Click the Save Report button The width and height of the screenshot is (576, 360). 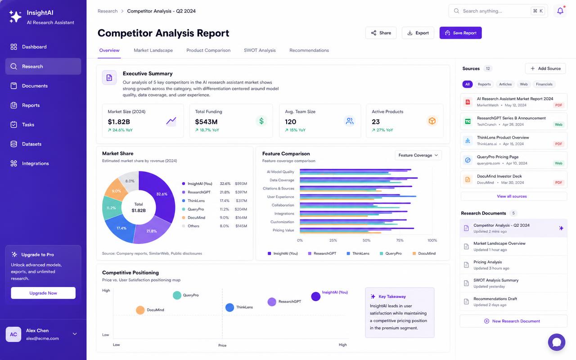pyautogui.click(x=460, y=33)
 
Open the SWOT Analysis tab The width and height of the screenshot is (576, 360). pyautogui.click(x=260, y=50)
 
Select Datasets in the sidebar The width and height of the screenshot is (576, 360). pyautogui.click(x=31, y=144)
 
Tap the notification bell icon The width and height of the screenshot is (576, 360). pyautogui.click(x=560, y=11)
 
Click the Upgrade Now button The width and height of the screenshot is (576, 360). pyautogui.click(x=43, y=293)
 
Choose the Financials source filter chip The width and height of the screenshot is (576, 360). pyautogui.click(x=544, y=84)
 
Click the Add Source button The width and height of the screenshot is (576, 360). pyautogui.click(x=545, y=68)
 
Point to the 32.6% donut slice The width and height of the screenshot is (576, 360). pyautogui.click(x=159, y=195)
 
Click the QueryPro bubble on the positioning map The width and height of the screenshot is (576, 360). pyautogui.click(x=177, y=295)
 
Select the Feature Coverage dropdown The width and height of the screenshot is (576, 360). pyautogui.click(x=418, y=155)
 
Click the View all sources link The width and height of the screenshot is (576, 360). pyautogui.click(x=512, y=196)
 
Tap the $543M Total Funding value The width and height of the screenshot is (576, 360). pyautogui.click(x=206, y=121)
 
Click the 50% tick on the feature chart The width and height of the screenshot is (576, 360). pyautogui.click(x=366, y=240)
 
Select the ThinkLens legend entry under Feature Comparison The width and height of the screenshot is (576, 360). pyautogui.click(x=358, y=253)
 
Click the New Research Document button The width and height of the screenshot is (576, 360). pyautogui.click(x=513, y=321)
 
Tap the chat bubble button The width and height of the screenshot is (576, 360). pyautogui.click(x=557, y=342)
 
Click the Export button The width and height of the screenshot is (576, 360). pyautogui.click(x=418, y=33)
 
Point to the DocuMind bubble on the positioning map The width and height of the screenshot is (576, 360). pyautogui.click(x=140, y=310)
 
